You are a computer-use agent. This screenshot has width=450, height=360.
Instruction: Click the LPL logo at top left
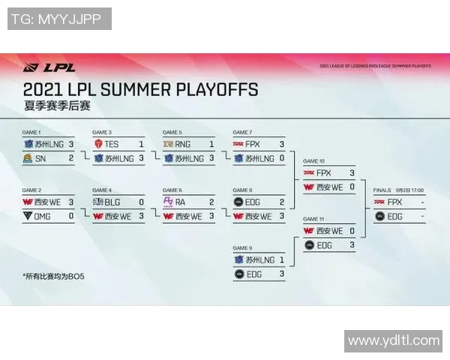39,67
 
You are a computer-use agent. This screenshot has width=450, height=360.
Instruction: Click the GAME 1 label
31,131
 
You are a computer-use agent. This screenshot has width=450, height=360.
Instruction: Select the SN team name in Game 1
40,157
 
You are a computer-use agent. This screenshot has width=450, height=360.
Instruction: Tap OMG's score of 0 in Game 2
71,216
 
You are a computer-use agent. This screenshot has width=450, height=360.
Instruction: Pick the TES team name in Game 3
112,143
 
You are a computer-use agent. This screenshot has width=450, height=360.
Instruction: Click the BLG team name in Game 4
112,202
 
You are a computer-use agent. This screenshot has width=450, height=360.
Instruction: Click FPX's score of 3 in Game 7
282,143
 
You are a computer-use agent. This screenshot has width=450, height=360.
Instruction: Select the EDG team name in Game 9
254,274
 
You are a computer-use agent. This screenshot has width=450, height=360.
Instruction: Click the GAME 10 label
313,160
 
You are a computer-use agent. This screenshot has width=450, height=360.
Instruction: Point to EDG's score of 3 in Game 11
352,245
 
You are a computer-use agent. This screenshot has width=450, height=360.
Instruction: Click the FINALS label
382,190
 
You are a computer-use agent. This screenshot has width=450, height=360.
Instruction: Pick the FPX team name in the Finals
395,202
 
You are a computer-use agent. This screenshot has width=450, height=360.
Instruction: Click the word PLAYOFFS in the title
216,90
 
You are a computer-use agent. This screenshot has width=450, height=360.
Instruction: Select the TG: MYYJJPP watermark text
59,19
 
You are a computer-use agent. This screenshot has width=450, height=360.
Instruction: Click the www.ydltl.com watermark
394,340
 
